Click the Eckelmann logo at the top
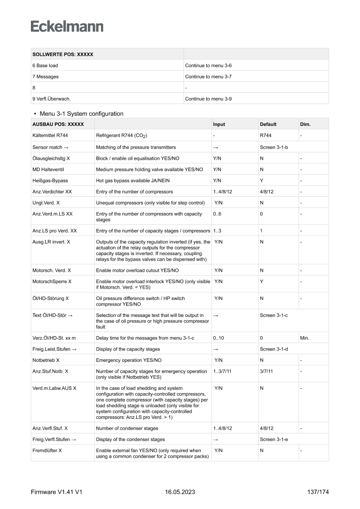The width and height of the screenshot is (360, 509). coord(67,26)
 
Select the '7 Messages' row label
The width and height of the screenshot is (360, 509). coord(45,77)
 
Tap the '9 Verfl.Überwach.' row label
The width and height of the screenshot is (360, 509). coord(52,99)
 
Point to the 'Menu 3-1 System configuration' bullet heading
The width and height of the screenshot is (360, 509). coord(81,114)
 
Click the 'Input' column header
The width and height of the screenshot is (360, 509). coord(219,124)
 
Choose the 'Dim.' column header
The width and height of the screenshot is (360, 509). coord(305,124)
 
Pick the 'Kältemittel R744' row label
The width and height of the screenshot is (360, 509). coord(50,136)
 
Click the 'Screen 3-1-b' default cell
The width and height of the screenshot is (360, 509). coord(274,148)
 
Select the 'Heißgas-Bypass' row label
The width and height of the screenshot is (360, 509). coord(50,180)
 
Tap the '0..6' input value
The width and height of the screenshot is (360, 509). coord(218,214)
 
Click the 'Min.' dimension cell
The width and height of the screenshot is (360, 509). coord(305,338)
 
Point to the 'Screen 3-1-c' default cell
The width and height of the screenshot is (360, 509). coord(274,315)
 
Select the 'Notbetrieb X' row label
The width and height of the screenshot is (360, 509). coord(46,360)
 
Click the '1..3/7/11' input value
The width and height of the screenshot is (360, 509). coord(223,371)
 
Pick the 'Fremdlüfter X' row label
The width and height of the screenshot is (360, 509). coord(47,450)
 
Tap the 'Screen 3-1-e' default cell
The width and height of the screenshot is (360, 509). coord(274,439)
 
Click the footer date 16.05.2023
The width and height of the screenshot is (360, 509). coord(180,492)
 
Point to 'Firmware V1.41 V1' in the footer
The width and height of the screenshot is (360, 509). coord(57,492)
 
